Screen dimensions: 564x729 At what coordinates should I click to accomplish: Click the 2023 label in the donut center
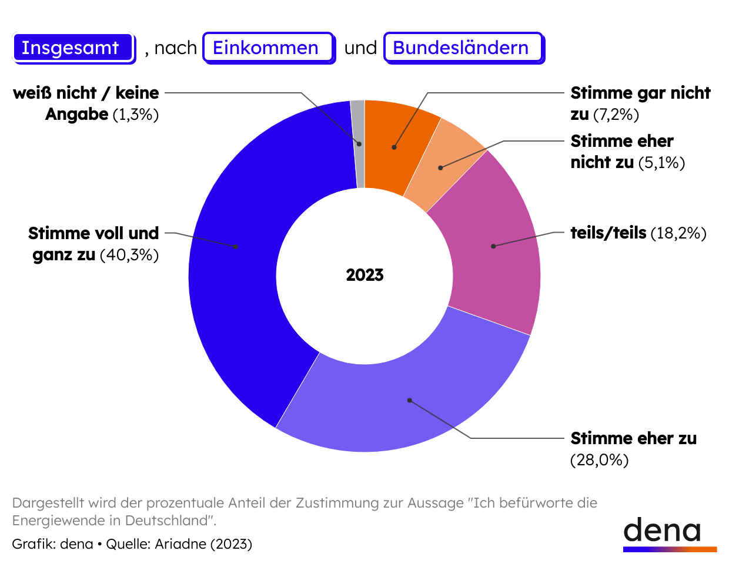click(364, 275)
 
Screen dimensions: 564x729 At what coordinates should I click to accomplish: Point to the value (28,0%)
click(599, 459)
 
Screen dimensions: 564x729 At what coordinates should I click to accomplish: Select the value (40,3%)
click(129, 255)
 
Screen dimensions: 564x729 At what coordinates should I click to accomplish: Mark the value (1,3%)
click(136, 114)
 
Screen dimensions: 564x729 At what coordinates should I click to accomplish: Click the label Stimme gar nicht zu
click(640, 93)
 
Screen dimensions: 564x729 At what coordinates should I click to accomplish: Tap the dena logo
click(662, 530)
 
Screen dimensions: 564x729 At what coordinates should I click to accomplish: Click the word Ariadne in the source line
click(180, 544)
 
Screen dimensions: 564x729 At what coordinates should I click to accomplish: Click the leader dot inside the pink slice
click(493, 246)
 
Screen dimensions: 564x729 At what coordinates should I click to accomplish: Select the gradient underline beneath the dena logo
click(670, 549)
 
